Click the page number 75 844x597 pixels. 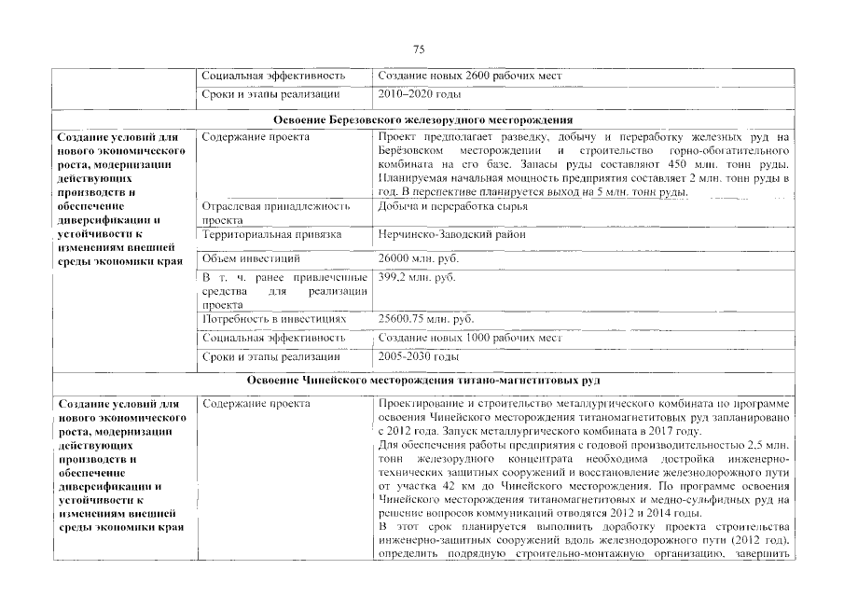(x=419, y=49)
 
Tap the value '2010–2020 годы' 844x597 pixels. (x=420, y=95)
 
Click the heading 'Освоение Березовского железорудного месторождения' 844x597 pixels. (x=422, y=119)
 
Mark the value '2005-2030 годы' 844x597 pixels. (x=419, y=357)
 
